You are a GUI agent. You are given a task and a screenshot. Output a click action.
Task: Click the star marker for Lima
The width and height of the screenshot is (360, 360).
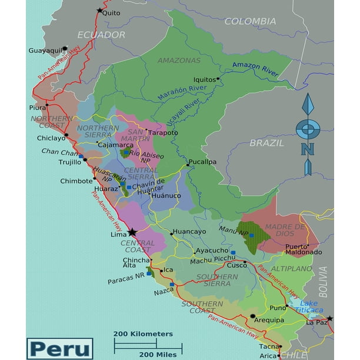coord(133,232)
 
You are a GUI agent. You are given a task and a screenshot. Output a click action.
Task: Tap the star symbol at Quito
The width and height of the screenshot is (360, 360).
coord(99,10)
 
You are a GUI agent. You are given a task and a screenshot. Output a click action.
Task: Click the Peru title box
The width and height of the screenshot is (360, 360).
coord(60,348)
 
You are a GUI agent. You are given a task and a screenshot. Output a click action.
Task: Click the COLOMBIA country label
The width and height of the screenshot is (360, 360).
coord(250,21)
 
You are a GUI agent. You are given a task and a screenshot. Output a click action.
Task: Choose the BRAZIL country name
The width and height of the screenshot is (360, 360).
coord(266,142)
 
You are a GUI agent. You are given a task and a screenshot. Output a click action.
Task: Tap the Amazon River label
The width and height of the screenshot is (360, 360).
coord(255,68)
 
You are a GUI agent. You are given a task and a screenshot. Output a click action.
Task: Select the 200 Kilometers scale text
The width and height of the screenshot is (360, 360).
coord(144,334)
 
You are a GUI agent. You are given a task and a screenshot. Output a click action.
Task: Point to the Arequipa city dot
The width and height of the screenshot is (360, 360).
coord(253,316)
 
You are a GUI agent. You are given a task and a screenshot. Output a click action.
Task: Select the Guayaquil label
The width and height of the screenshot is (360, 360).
coord(45,51)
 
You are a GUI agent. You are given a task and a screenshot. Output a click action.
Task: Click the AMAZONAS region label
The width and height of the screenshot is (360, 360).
coord(179,60)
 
